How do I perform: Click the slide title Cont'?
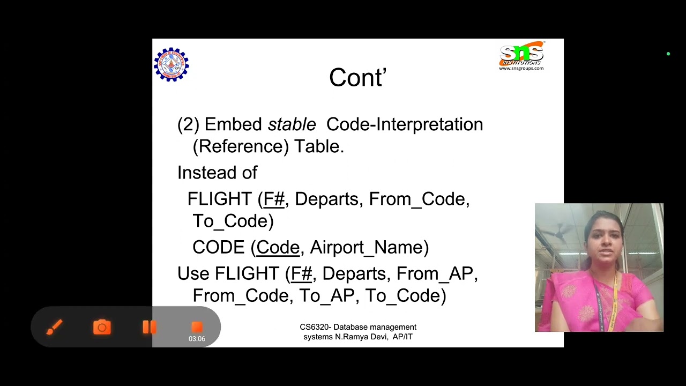pos(357,78)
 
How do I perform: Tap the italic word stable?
pos(292,124)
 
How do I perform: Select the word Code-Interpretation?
pos(404,124)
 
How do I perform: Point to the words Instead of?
pos(217,173)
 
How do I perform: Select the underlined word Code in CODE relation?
pos(278,247)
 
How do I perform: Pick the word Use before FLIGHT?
pos(193,273)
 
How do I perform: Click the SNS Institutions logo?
pos(521,54)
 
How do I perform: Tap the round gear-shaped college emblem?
pos(171,64)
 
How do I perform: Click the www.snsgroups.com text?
pos(521,69)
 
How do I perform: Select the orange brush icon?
pos(54,327)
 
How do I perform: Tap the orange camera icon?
pos(102,327)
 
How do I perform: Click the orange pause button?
pos(149,327)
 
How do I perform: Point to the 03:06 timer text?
pos(197,339)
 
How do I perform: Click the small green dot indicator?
pos(668,54)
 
